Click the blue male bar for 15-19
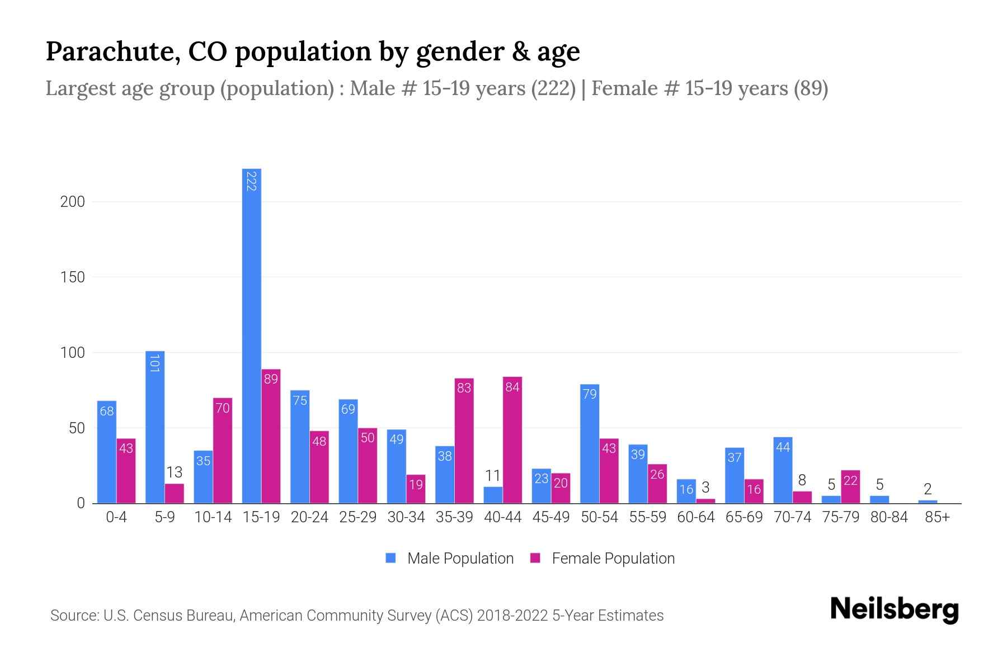pos(252,335)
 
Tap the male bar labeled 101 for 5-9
pos(155,428)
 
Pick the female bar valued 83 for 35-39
pos(464,442)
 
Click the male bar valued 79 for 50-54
pos(590,444)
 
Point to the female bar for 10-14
pos(223,451)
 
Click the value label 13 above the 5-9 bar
pos(175,472)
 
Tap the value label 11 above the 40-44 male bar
pos(493,476)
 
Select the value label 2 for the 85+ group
pos(928,489)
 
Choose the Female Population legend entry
pos(603,558)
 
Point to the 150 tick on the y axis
pos(72,277)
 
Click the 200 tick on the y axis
pos(72,202)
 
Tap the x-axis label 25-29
pos(357,517)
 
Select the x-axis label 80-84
pos(889,517)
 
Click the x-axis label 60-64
pos(696,517)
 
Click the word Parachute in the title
pos(112,51)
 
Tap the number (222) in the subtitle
pos(553,88)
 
